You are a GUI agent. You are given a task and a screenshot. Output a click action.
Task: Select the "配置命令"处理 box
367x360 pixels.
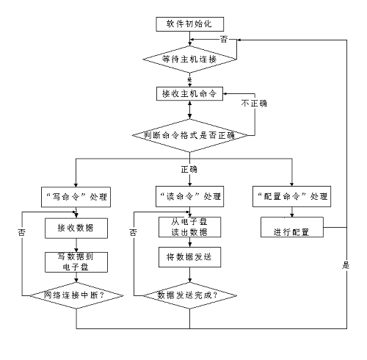292,198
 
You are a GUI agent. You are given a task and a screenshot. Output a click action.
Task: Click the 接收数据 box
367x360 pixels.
78,228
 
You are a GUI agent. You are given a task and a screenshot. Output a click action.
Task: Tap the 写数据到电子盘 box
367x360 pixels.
78,261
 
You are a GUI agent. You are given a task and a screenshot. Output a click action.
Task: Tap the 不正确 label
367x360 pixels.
253,104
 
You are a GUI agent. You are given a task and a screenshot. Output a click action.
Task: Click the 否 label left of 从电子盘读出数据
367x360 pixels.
133,232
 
